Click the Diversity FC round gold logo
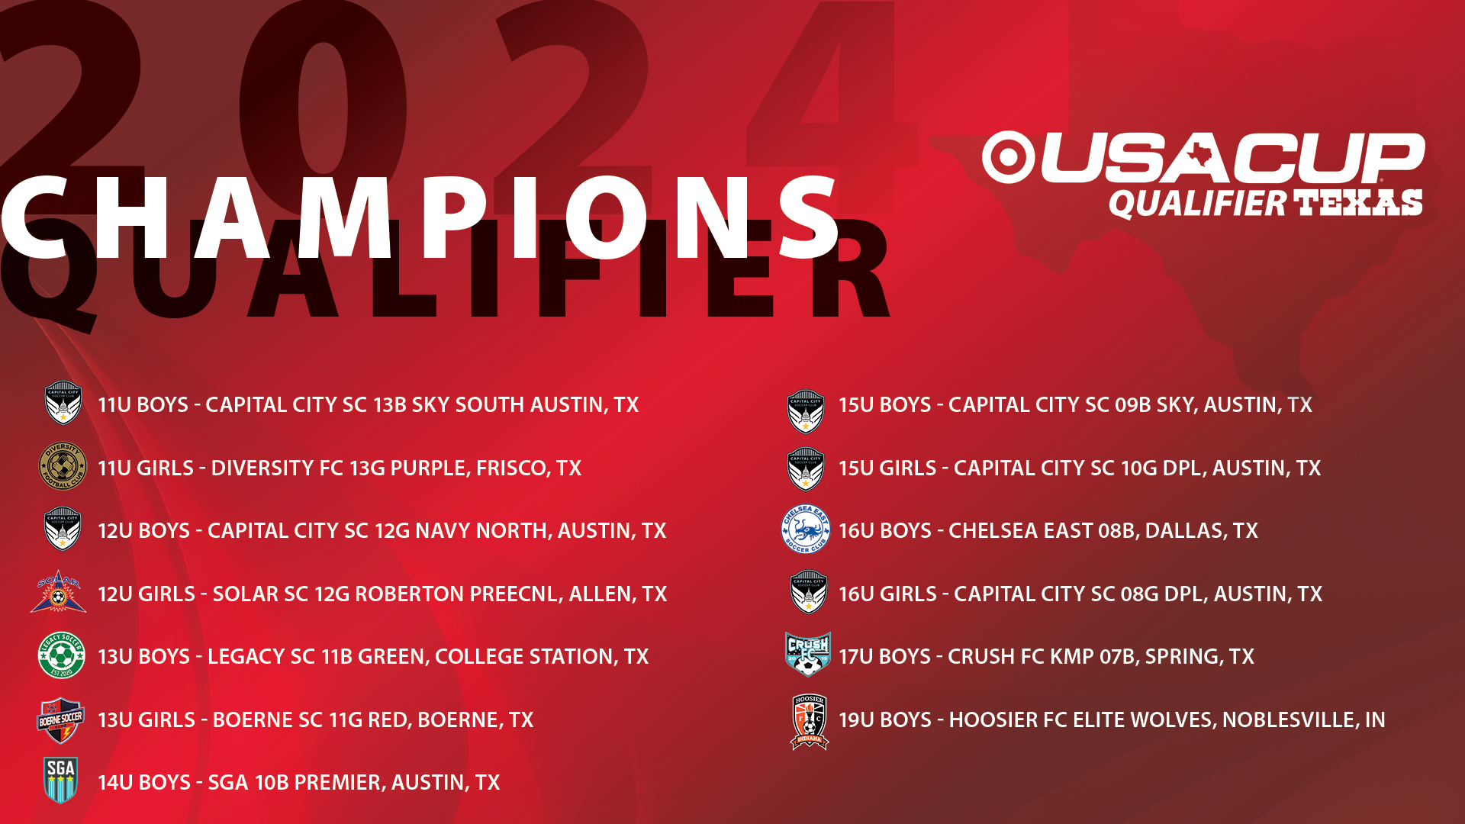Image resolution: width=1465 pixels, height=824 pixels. pyautogui.click(x=63, y=466)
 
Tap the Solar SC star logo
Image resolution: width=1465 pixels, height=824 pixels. pyautogui.click(x=58, y=592)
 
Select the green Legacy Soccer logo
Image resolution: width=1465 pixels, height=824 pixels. pyautogui.click(x=62, y=655)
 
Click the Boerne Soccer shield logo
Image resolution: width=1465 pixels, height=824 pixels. pyautogui.click(x=61, y=719)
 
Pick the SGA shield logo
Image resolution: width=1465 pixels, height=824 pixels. pyautogui.click(x=61, y=780)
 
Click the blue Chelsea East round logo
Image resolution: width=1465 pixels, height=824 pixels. pyautogui.click(x=806, y=529)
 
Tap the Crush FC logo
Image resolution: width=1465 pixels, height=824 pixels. pyautogui.click(x=808, y=655)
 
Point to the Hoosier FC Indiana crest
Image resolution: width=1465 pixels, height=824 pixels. pyautogui.click(x=809, y=722)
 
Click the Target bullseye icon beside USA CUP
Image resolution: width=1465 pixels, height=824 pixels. pyautogui.click(x=1008, y=157)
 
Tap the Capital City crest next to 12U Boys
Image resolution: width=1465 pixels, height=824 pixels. pyautogui.click(x=63, y=529)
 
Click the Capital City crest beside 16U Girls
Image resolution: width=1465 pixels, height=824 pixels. pyautogui.click(x=809, y=592)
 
